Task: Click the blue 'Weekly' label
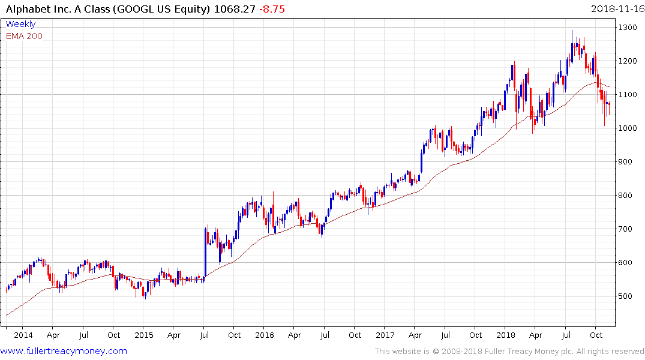(x=20, y=24)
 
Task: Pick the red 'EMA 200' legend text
(x=24, y=36)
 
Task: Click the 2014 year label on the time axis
(x=23, y=335)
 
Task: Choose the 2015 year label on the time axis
(x=144, y=335)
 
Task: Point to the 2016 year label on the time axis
(x=265, y=335)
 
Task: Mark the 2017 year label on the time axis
(x=385, y=335)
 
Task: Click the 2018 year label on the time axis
(x=506, y=335)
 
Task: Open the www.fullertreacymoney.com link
(x=64, y=351)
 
